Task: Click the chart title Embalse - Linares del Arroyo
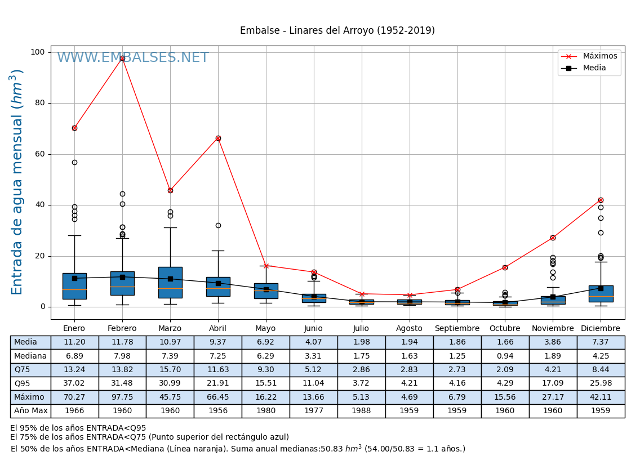click(x=337, y=31)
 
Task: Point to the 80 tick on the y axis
click(x=38, y=103)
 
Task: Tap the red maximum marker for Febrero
click(x=122, y=58)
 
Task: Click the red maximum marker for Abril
click(x=218, y=138)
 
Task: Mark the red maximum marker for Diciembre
click(x=601, y=200)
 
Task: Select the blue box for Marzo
click(x=170, y=282)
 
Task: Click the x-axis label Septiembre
click(x=457, y=329)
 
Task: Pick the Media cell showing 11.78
click(x=122, y=342)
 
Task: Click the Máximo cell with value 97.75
click(x=122, y=397)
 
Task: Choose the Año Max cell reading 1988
click(x=361, y=411)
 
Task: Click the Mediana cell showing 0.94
click(x=505, y=356)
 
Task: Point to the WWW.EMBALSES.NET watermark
click(x=133, y=58)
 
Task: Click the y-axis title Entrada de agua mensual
click(x=17, y=182)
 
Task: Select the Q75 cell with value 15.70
click(x=170, y=370)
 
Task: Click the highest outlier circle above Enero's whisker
click(x=74, y=162)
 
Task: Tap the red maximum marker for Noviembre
click(x=553, y=238)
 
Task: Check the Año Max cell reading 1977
click(x=313, y=411)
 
